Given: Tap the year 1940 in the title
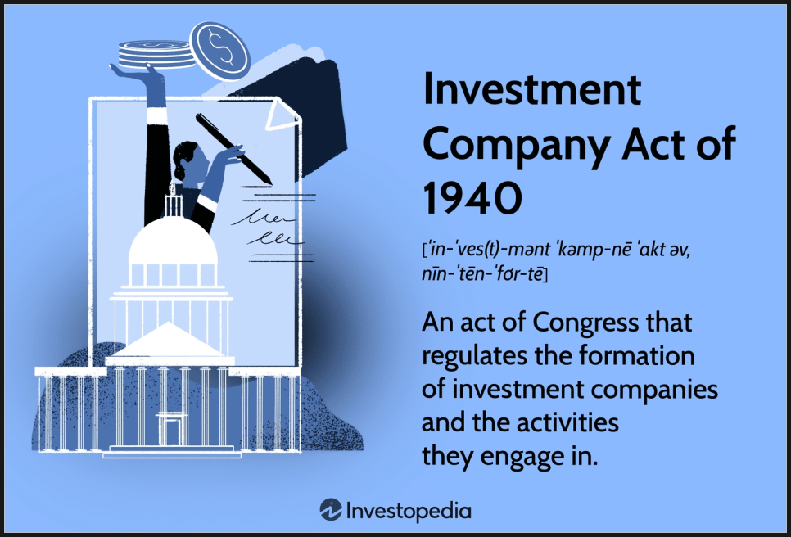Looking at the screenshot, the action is point(472,198).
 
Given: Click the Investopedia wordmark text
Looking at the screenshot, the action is point(409,512).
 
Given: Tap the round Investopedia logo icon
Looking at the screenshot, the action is point(331,510).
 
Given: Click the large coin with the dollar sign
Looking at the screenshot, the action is point(220,51).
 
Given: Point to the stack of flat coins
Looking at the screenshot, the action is point(156,55).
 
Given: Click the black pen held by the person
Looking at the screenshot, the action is point(233,149).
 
